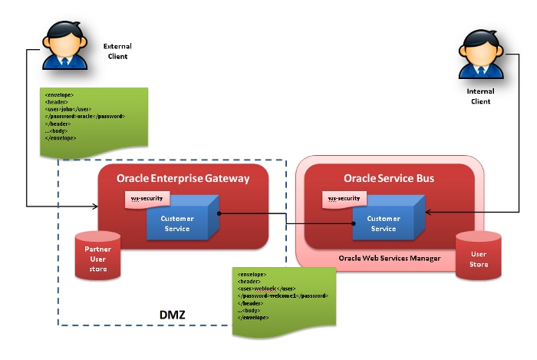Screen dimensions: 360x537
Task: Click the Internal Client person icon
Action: coord(480,56)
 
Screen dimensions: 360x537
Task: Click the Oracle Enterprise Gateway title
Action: coord(183,178)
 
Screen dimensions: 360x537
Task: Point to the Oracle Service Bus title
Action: coord(389,178)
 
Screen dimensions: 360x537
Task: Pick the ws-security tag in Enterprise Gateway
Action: coord(146,199)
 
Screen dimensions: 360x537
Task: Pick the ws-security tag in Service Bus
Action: coord(344,199)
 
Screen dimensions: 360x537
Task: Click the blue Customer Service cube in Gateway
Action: coord(179,223)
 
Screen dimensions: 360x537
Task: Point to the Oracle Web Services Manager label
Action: coord(390,258)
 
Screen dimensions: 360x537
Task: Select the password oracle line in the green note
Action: coord(85,116)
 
